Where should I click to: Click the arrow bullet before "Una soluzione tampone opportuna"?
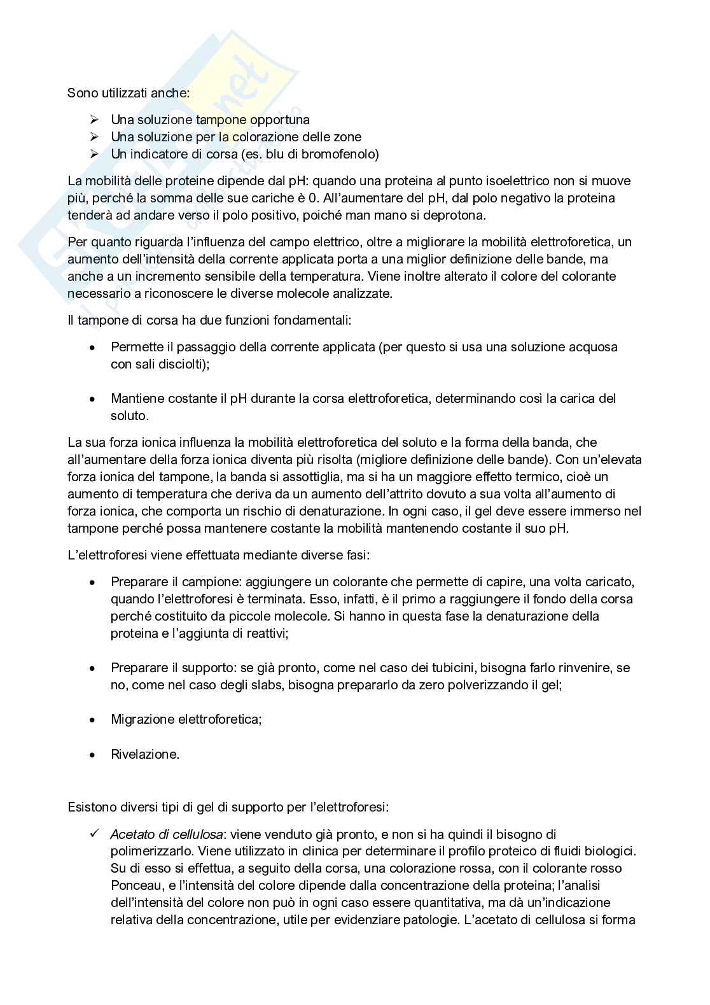[x=94, y=120]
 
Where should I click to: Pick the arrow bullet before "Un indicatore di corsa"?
[x=94, y=154]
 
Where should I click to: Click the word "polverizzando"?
[x=478, y=685]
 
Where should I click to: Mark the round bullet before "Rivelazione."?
[x=93, y=754]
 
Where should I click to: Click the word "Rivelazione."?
[x=145, y=754]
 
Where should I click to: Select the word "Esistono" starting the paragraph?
[x=89, y=807]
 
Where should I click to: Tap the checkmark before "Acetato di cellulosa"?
[x=94, y=834]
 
